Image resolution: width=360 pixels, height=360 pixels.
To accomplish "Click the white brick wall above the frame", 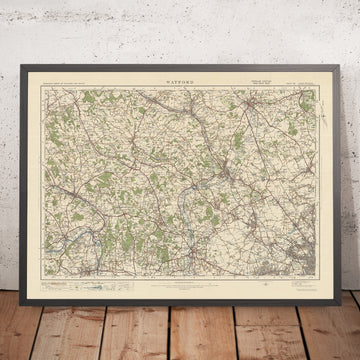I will point(180,30).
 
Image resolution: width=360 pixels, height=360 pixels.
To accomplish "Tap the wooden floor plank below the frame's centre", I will point(180,320).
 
